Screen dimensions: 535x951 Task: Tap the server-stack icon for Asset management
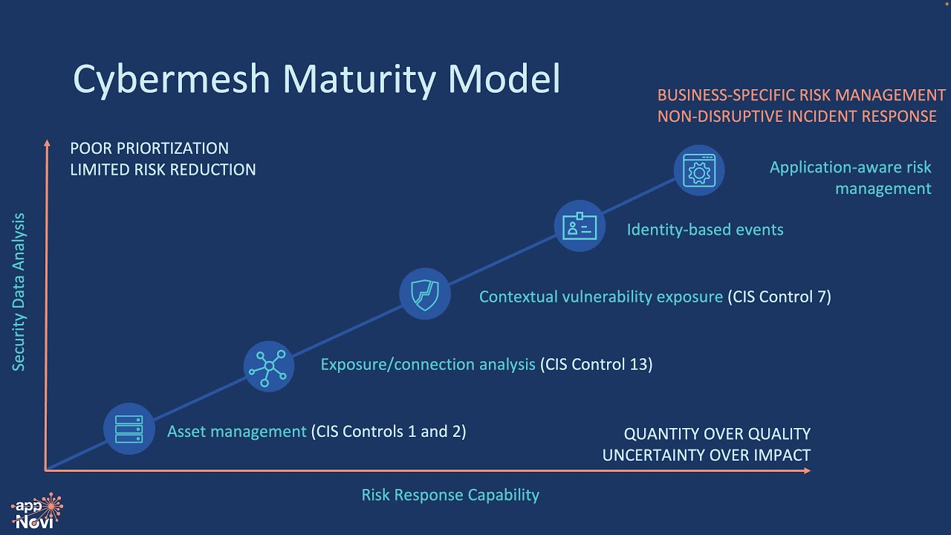[129, 429]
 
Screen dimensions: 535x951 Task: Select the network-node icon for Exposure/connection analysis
[268, 366]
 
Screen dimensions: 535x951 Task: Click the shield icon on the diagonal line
[425, 294]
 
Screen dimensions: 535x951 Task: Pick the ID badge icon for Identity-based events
[580, 226]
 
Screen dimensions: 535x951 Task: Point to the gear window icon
[698, 170]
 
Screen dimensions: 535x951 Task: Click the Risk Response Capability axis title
[450, 495]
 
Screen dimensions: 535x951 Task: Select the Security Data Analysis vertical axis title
[19, 292]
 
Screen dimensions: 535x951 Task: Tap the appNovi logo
[37, 511]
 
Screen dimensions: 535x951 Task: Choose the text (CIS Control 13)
[597, 364]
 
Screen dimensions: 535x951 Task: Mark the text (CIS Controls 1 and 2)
[389, 431]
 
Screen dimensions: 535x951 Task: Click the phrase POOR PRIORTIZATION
[149, 149]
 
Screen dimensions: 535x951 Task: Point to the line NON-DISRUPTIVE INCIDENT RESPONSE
[796, 117]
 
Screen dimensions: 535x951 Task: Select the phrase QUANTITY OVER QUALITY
[717, 434]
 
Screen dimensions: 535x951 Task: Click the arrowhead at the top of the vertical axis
[47, 143]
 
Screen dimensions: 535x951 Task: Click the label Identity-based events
[705, 230]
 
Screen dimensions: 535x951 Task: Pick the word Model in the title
[501, 79]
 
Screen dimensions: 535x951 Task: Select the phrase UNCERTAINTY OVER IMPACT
[706, 455]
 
